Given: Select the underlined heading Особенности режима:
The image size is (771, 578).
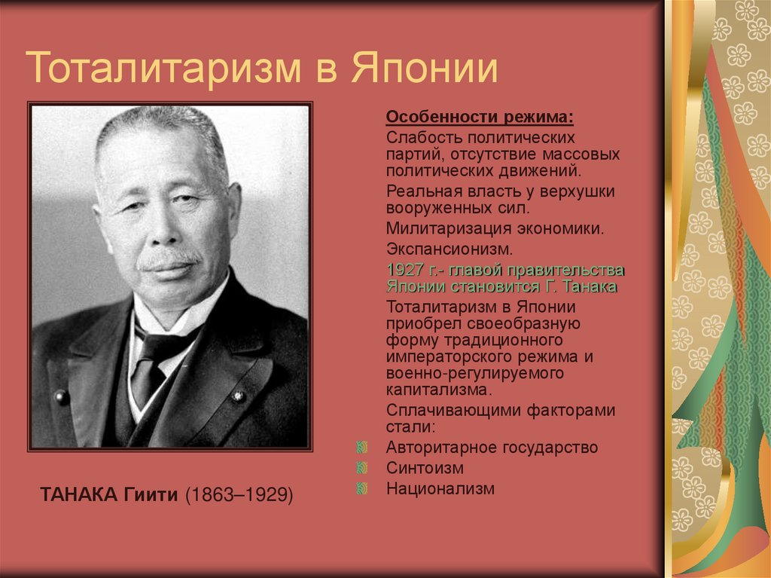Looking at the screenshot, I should point(480,118).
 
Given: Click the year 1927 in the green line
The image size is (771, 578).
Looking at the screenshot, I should point(404,270).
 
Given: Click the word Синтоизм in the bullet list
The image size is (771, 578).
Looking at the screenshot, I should point(425,467).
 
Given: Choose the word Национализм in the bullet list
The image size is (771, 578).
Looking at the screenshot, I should point(440,488).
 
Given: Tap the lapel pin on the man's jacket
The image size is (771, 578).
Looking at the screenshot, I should point(238,395).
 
